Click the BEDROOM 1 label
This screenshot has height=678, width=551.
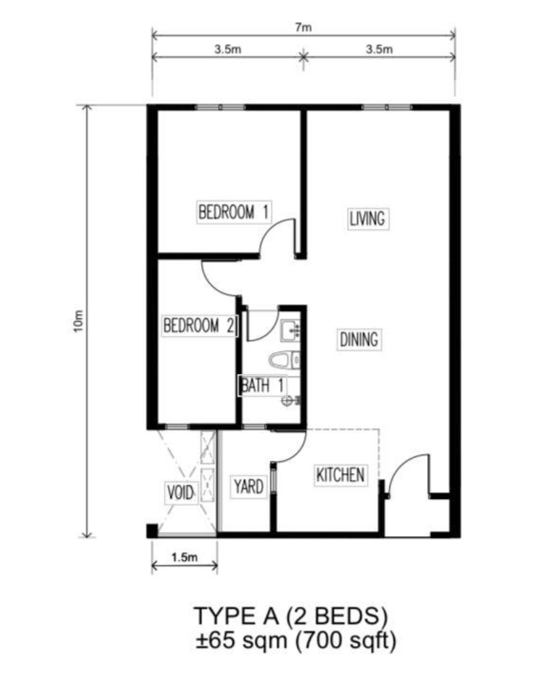[x=234, y=212]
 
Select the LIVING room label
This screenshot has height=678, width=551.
[x=367, y=219]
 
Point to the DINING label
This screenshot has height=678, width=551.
[x=359, y=340]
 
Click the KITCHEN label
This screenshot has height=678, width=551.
[x=340, y=476]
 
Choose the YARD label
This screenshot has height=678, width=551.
[x=248, y=487]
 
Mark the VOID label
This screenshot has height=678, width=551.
[x=180, y=494]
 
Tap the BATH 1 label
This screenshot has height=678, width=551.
[x=262, y=385]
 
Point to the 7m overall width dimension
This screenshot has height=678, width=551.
[x=304, y=27]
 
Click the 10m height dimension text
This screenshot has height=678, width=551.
[x=78, y=322]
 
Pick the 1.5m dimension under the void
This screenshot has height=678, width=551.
[x=184, y=557]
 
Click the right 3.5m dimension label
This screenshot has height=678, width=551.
[x=379, y=50]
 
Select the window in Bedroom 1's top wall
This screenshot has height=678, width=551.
[x=221, y=108]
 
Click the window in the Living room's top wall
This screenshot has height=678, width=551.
[x=387, y=108]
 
